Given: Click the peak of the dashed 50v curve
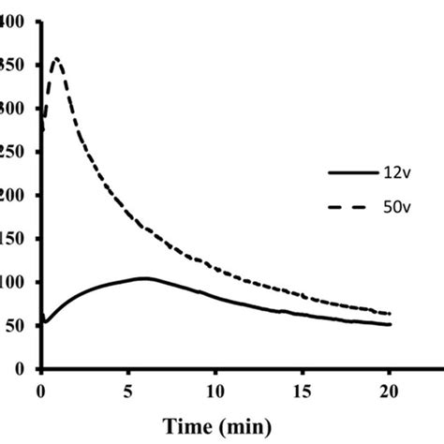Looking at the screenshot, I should [56, 59].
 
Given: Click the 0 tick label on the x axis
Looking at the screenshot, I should [41, 387].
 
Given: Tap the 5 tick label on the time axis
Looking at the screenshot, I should [128, 387].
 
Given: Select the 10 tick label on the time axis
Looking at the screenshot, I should [215, 387].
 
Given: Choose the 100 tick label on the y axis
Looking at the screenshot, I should [15, 282].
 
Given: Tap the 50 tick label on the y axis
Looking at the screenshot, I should [19, 326].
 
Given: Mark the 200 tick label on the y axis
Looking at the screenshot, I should [15, 196].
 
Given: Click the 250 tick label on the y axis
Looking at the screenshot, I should [15, 152].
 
